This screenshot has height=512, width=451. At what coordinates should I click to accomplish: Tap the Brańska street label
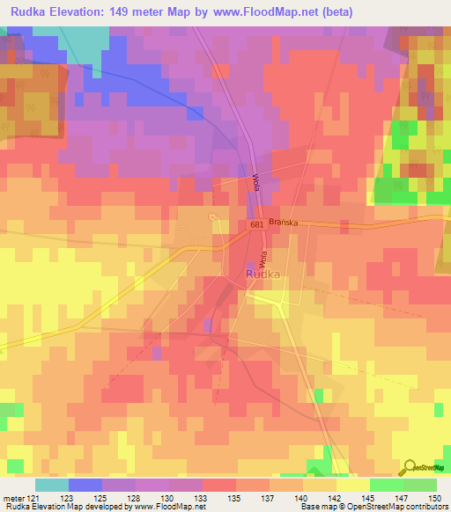click(285, 223)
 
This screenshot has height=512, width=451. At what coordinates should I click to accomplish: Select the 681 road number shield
click(256, 226)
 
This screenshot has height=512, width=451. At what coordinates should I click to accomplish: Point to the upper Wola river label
click(256, 184)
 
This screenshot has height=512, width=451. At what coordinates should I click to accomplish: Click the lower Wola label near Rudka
click(262, 260)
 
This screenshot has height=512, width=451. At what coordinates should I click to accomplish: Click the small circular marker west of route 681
click(211, 217)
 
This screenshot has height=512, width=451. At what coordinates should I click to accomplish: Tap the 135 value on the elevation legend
click(233, 498)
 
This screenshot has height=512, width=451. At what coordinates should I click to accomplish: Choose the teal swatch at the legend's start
click(51, 485)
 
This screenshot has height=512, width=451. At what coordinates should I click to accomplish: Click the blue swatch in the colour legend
click(85, 485)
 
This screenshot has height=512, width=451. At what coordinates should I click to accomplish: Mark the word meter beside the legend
click(13, 498)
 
